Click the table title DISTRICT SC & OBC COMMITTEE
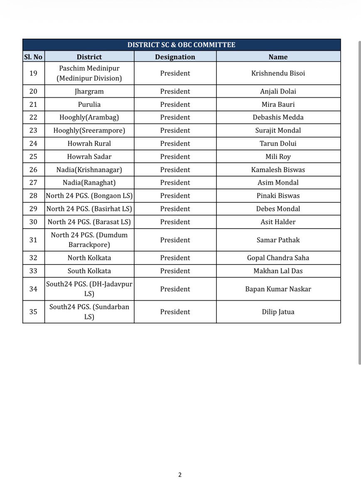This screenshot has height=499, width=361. (x=181, y=45)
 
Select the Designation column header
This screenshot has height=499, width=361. (x=175, y=57)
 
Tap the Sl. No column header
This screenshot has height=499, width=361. (x=33, y=57)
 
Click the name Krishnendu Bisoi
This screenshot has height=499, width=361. (x=278, y=73)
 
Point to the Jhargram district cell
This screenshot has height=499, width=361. (x=89, y=91)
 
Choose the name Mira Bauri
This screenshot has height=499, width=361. (x=278, y=104)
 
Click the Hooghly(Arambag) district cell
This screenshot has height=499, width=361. (x=89, y=117)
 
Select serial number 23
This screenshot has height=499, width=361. (x=33, y=131)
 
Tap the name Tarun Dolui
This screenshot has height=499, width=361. (x=278, y=143)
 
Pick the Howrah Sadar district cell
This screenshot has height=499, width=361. (x=89, y=157)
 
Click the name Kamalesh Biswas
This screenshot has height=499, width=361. (x=278, y=170)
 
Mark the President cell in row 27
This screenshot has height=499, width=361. (x=175, y=183)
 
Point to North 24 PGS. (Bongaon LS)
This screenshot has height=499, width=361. (x=89, y=196)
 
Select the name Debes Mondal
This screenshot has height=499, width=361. (x=278, y=209)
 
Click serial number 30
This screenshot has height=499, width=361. (x=33, y=222)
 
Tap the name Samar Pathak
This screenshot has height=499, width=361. (x=278, y=240)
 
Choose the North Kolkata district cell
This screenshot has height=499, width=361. (x=89, y=258)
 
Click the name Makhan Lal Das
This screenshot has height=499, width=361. (x=278, y=271)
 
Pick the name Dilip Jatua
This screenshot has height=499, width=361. (x=278, y=312)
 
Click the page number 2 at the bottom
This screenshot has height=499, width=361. (x=180, y=475)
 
